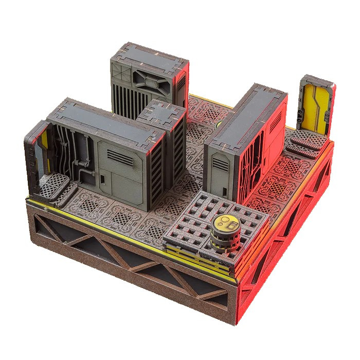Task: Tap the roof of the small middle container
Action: click(x=160, y=113)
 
